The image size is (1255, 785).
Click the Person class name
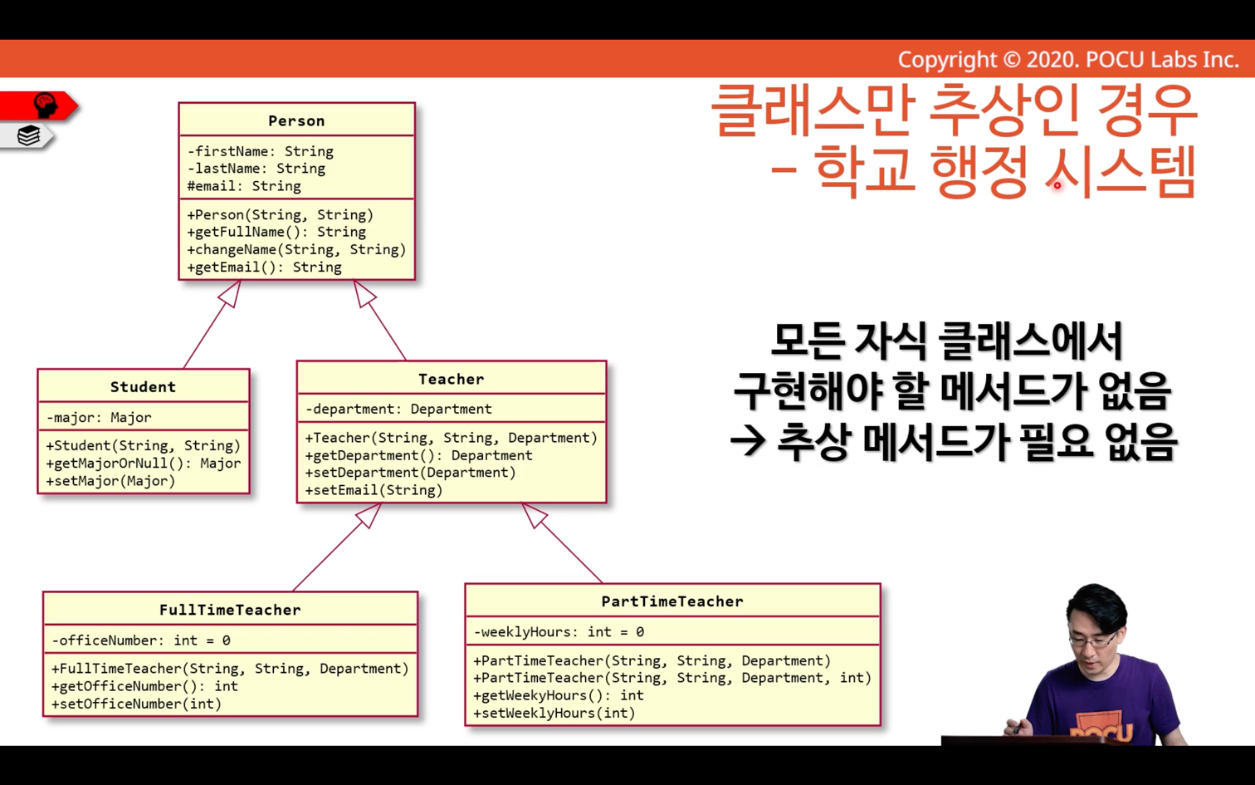[296, 121]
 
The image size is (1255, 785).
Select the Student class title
[143, 387]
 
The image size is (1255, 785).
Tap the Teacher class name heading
[451, 379]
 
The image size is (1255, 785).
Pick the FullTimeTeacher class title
[230, 610]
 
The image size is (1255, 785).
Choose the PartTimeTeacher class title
[672, 601]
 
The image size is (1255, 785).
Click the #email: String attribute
[244, 186]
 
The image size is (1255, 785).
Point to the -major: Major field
[99, 418]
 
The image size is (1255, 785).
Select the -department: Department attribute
[398, 410]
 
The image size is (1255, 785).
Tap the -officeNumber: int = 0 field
[140, 640]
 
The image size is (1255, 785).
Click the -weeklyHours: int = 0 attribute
[559, 632]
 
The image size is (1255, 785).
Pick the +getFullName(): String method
[276, 232]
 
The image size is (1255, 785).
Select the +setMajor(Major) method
[110, 481]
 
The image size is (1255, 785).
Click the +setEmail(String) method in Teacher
[374, 490]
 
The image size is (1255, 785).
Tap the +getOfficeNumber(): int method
[144, 686]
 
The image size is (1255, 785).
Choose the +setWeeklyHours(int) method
[554, 714]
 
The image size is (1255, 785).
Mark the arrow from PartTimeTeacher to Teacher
[561, 542]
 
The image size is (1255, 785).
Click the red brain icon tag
[39, 105]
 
